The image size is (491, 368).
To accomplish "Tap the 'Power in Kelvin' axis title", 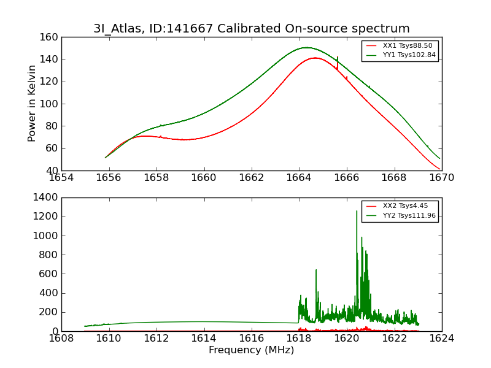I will (32, 103).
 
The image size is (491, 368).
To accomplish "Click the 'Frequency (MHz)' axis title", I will (251, 350).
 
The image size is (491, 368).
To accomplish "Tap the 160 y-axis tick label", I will (50, 37).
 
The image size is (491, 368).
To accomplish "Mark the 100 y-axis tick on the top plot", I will (50, 104).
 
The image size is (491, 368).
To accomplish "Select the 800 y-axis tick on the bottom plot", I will (50, 255).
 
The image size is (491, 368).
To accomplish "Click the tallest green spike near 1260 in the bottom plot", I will (357, 212).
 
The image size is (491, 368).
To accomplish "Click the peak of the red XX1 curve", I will (315, 58).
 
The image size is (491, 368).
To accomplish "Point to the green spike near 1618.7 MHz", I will (316, 270).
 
